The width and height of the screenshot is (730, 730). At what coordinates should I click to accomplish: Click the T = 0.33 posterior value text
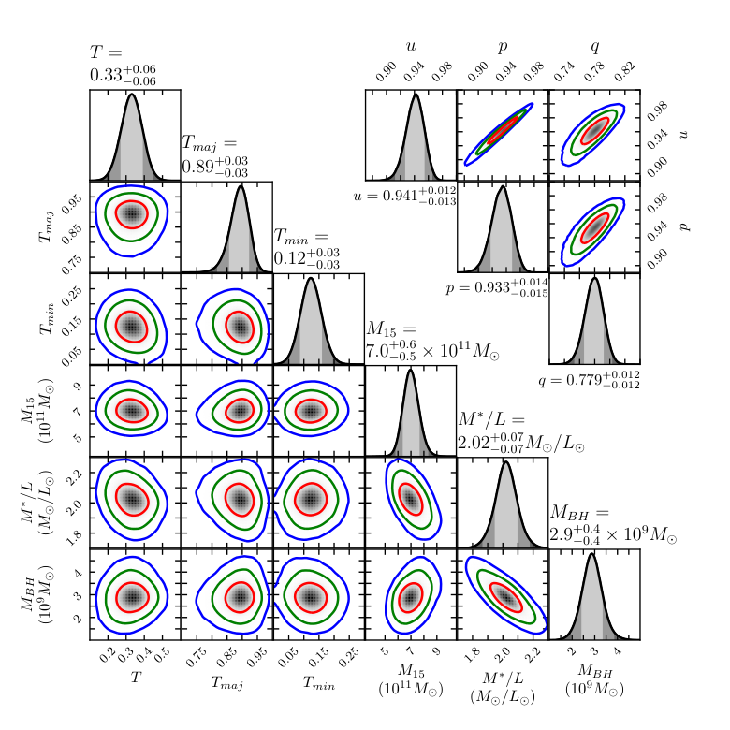(123, 66)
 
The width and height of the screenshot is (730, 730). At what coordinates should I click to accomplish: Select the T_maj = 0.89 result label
(214, 157)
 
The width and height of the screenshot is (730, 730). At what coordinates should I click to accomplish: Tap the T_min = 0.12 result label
(306, 249)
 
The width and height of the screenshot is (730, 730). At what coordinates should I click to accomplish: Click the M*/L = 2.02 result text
(521, 432)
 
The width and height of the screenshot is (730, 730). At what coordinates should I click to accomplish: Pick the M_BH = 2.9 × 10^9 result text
(613, 525)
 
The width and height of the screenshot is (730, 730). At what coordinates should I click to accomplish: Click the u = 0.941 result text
(405, 196)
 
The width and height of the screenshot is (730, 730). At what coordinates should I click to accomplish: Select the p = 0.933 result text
(497, 287)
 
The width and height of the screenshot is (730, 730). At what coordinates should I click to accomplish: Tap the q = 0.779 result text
(589, 379)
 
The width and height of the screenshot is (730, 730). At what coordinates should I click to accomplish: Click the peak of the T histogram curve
(132, 94)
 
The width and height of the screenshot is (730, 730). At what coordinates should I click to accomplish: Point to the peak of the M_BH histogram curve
(591, 553)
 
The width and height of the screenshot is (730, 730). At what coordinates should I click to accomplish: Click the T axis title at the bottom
(136, 677)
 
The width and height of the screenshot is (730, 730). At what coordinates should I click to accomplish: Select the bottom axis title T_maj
(227, 682)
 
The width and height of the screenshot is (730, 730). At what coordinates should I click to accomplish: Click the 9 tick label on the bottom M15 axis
(436, 650)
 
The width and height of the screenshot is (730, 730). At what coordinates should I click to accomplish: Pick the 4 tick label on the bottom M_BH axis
(618, 650)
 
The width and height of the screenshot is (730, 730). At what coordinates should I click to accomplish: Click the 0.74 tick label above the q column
(564, 72)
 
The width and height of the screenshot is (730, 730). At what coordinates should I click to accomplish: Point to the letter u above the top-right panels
(411, 46)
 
